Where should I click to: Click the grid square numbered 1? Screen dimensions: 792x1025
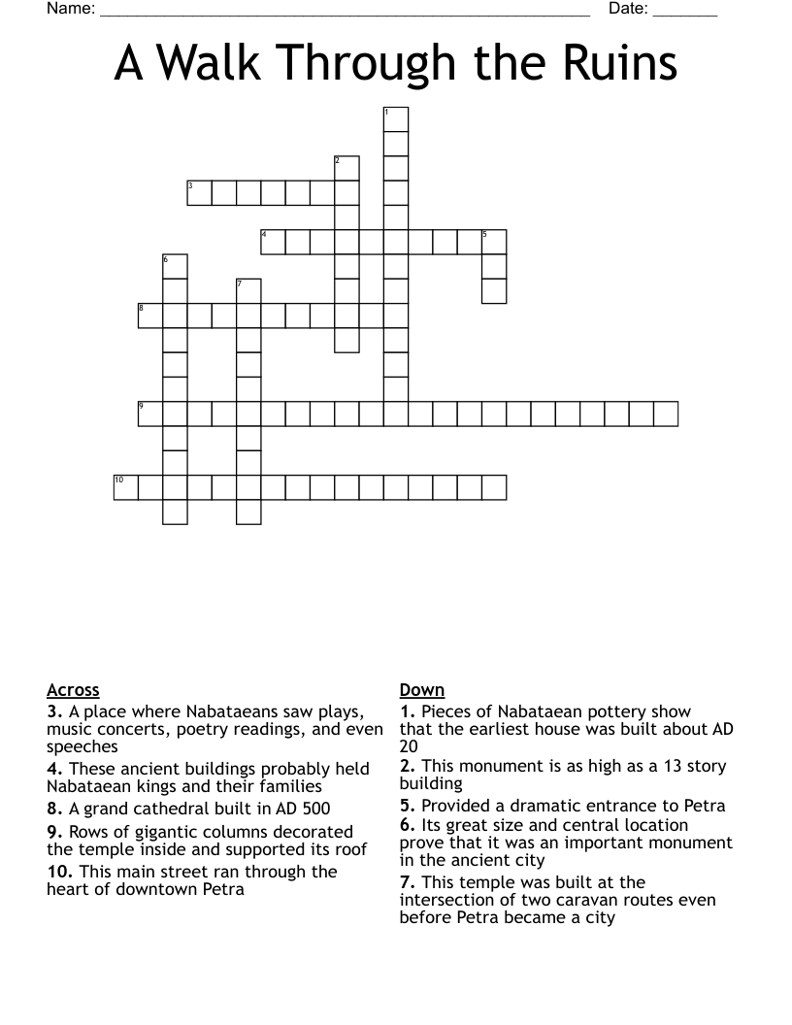[396, 119]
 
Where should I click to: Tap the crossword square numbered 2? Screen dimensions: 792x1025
[346, 168]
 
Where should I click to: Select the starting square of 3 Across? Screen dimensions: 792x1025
[199, 192]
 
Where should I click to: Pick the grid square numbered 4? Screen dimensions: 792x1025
[273, 242]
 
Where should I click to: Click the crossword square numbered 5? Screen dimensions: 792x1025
[494, 242]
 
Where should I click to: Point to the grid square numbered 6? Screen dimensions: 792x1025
[175, 266]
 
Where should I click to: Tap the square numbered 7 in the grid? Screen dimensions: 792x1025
[248, 291]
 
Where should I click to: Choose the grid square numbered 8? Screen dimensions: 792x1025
[150, 315]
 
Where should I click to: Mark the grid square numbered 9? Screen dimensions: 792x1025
[150, 413]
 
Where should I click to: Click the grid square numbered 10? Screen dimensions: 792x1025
[126, 487]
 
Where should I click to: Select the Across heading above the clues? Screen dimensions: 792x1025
[73, 690]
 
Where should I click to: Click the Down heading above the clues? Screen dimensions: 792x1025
[421, 690]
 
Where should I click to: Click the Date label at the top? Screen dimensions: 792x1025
[628, 10]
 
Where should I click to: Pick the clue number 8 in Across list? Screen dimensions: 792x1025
[54, 809]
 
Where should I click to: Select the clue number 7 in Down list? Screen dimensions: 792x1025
[407, 882]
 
